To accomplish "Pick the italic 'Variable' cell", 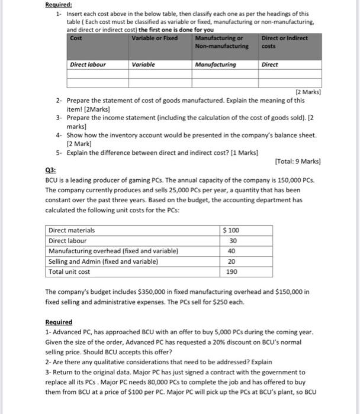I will coord(143,64).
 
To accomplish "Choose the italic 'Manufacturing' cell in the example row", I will coord(215,64).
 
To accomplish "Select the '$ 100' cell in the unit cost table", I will coord(232,230).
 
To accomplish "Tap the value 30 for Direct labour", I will coord(233,240).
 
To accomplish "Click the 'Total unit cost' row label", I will coord(69,271).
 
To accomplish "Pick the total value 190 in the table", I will coord(233,271).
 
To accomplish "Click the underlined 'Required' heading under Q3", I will coord(59,322).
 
